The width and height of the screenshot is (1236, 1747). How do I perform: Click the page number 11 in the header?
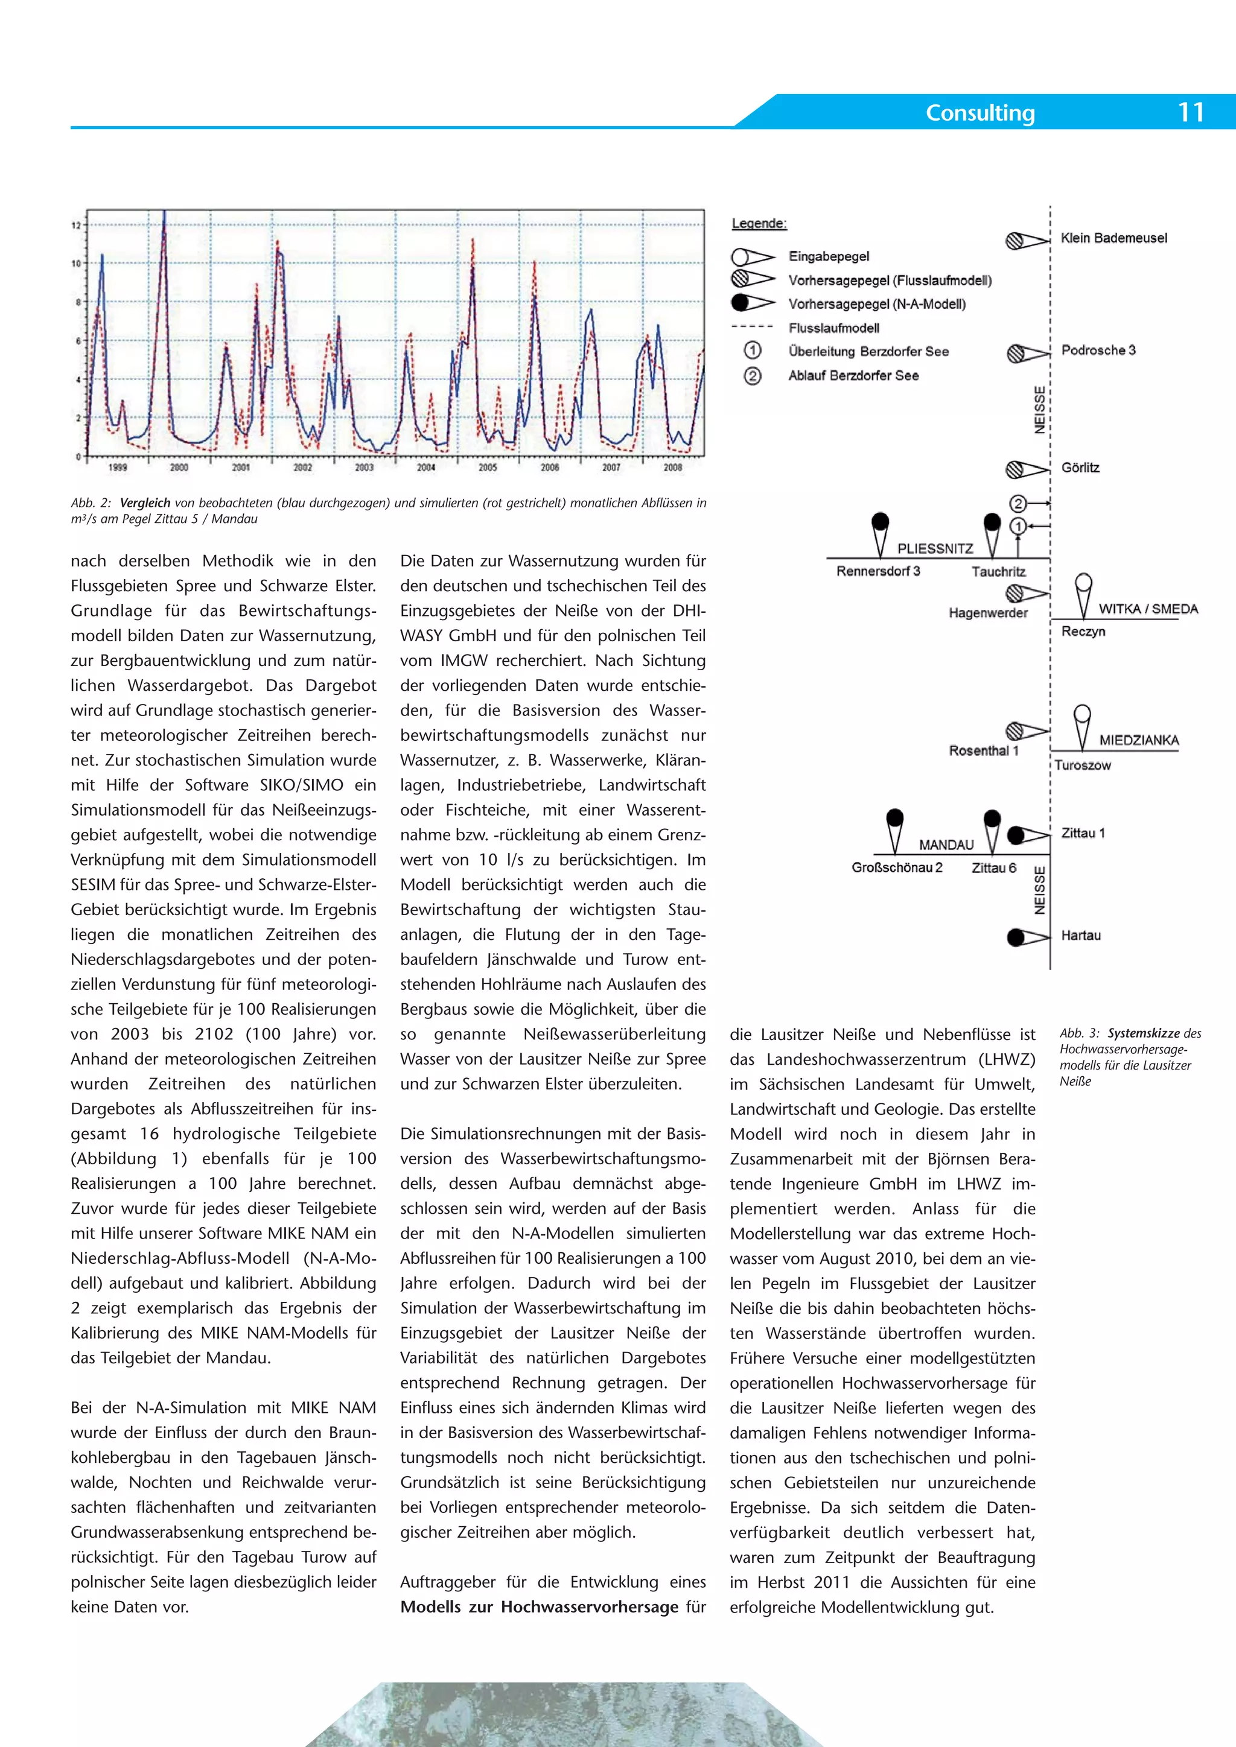[1191, 113]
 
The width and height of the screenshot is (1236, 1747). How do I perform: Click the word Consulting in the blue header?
[980, 113]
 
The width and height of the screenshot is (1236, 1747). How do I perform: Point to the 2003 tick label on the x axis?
[365, 467]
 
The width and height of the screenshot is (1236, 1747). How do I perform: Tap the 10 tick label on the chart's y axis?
[76, 263]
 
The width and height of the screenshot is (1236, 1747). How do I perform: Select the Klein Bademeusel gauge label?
[1113, 238]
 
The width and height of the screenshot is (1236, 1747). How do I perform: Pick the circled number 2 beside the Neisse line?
[1018, 503]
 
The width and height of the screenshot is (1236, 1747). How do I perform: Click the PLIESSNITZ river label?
[935, 548]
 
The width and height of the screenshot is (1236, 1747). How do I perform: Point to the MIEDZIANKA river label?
[1139, 740]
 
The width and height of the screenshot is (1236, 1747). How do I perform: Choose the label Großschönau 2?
[897, 867]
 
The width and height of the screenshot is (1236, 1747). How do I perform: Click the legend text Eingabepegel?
[829, 256]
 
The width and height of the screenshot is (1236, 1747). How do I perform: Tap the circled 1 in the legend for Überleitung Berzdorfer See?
[752, 350]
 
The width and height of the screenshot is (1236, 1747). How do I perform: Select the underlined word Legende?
[759, 224]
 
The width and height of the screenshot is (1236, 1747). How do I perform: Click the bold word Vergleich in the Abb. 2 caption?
[145, 503]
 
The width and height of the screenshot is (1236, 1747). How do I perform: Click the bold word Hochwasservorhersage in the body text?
[589, 1607]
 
